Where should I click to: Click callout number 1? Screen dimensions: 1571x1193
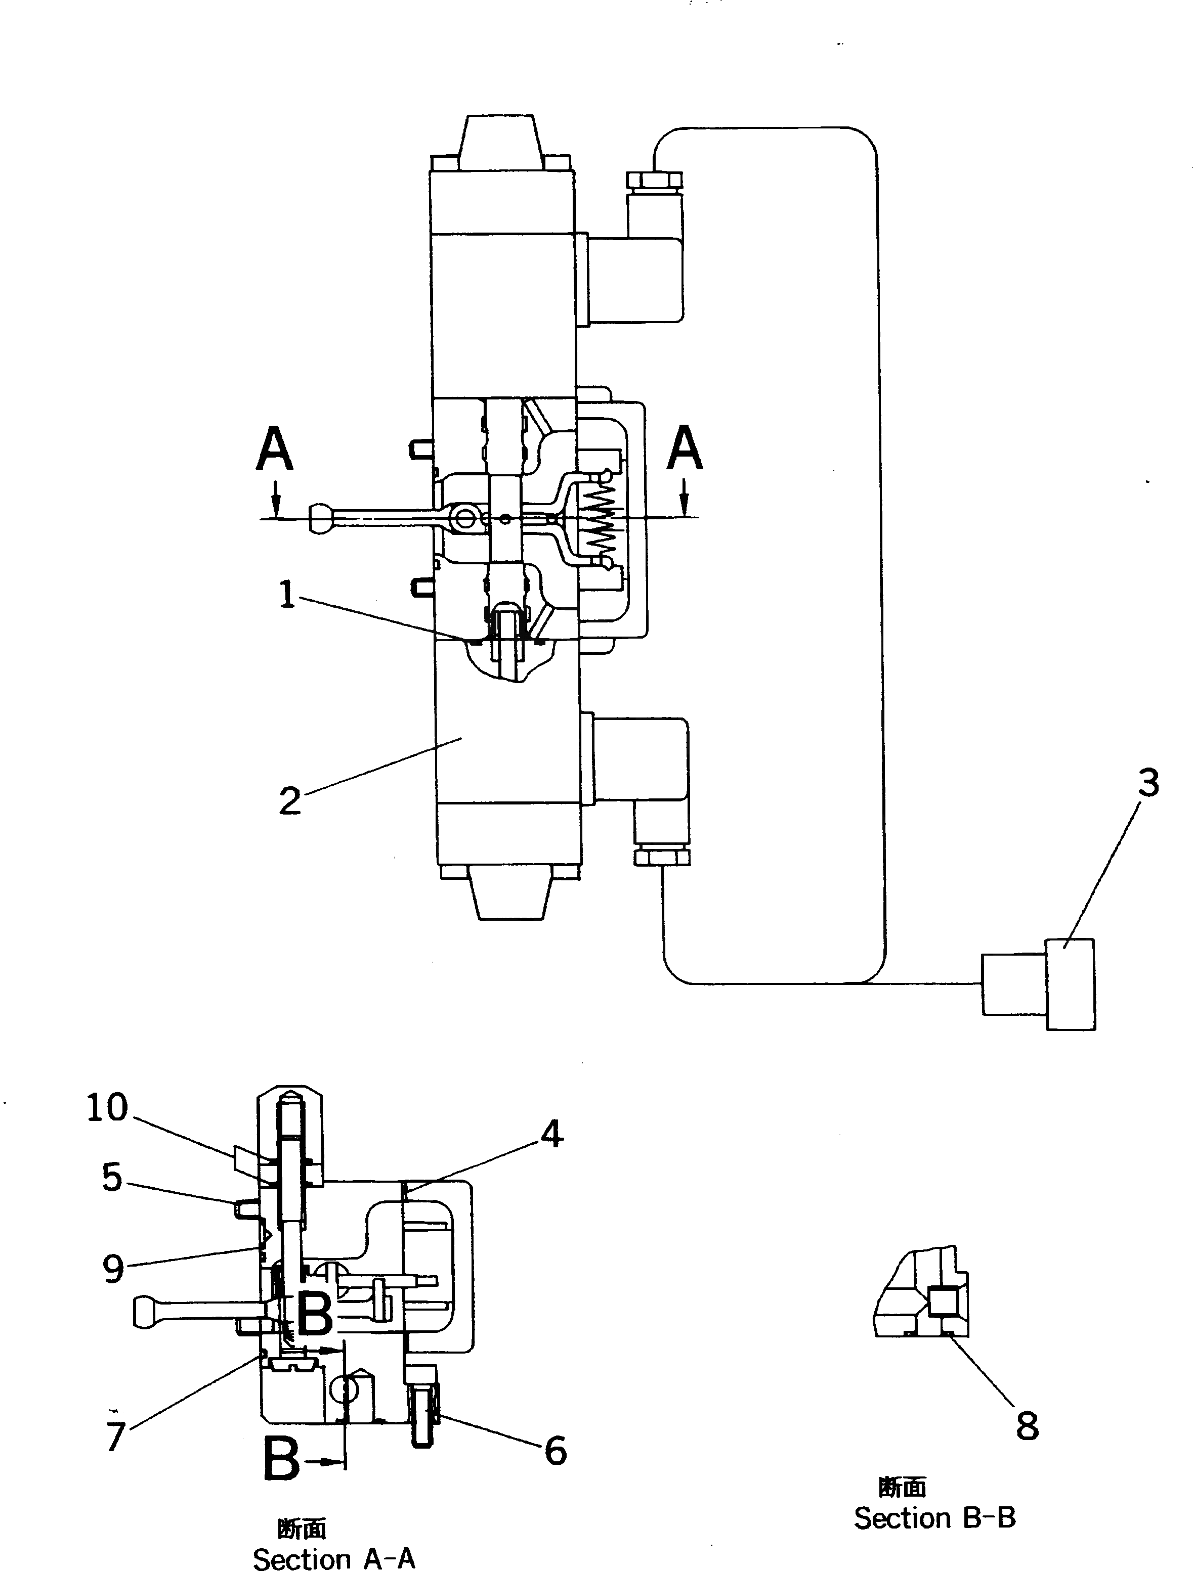[286, 595]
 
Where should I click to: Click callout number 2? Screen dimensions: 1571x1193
[289, 801]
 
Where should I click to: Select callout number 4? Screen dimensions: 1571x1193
[552, 1134]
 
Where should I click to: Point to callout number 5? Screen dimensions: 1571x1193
[112, 1178]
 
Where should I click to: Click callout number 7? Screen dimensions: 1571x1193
[116, 1435]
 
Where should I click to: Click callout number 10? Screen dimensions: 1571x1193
[107, 1107]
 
